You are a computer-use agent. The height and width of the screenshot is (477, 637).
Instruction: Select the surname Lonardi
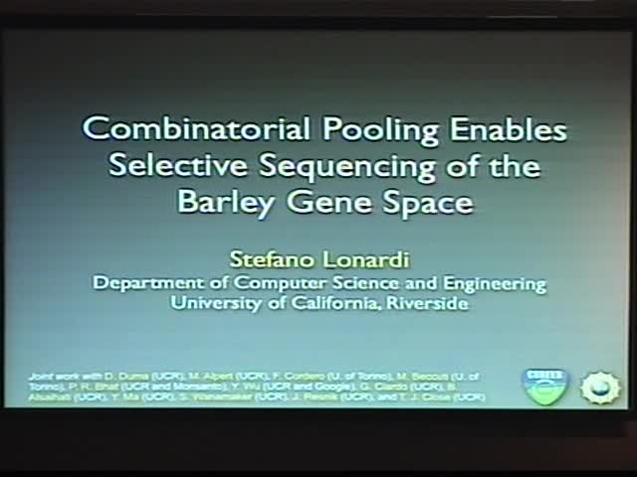point(364,259)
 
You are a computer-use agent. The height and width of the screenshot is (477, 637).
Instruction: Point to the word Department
point(145,283)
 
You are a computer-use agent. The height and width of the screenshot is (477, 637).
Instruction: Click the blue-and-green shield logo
point(544,386)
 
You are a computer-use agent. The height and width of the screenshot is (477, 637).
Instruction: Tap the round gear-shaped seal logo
point(600,387)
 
